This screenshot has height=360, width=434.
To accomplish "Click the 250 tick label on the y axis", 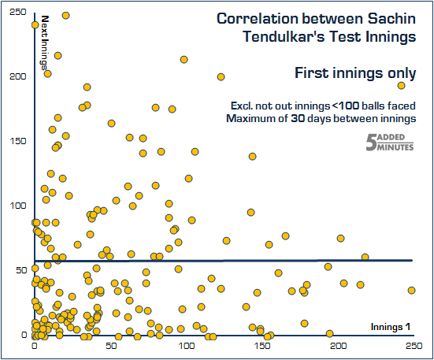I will click(13, 13).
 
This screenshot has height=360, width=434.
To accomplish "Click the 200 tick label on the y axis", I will click(13, 77).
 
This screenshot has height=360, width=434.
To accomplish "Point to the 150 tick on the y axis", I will click(13, 142).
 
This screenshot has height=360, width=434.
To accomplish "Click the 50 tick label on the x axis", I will click(110, 347).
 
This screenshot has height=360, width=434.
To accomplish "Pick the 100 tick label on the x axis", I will click(187, 347).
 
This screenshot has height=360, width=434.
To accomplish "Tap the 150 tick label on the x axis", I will click(263, 347).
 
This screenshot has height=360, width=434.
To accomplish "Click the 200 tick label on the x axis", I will click(339, 347).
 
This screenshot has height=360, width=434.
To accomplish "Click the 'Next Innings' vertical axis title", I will click(44, 43).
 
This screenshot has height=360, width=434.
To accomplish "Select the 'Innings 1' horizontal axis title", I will click(391, 327).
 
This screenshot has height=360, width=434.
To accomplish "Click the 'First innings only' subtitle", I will click(355, 73).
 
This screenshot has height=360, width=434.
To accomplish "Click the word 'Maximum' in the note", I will click(250, 119).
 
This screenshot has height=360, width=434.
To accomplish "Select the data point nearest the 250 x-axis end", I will click(411, 290).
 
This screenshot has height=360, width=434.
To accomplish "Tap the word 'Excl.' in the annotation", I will click(243, 106).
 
